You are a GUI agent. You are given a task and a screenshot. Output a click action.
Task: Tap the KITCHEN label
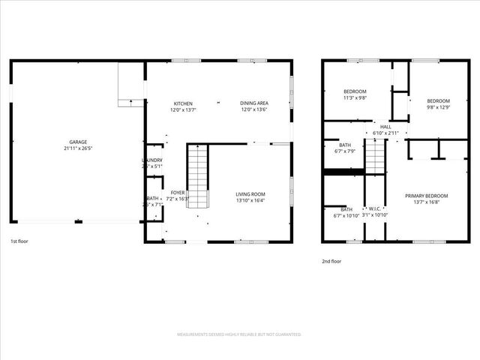tap(184, 103)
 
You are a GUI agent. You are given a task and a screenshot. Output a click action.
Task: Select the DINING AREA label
tap(254, 103)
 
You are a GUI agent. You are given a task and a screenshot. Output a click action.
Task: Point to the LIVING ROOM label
tap(250, 194)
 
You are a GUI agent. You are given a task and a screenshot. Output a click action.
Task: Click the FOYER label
tap(178, 193)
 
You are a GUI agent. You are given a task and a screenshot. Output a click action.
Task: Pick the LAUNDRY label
tap(152, 160)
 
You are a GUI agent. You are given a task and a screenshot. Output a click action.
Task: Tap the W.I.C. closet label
tap(375, 209)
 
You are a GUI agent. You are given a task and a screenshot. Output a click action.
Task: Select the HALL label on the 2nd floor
tap(385, 127)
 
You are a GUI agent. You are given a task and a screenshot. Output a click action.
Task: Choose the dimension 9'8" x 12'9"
tap(438, 107)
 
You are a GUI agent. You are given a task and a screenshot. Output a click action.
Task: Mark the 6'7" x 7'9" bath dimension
tap(345, 151)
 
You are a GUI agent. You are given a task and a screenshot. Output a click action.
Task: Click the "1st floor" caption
tap(20, 241)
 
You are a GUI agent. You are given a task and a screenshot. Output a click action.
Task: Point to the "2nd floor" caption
tap(331, 261)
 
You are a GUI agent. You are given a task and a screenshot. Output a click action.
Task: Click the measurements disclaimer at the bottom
tap(239, 334)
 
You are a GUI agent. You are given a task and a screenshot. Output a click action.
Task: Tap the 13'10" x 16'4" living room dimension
tap(250, 201)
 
